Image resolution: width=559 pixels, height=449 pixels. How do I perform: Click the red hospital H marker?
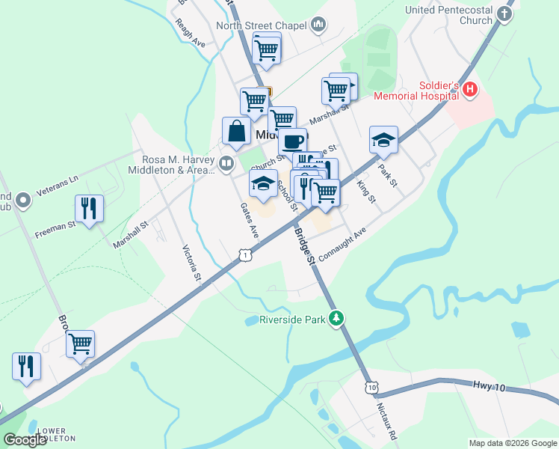click(470, 91)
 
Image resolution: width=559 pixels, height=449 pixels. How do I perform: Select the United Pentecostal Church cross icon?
click(506, 14)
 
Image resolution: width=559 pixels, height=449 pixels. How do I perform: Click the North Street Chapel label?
click(262, 25)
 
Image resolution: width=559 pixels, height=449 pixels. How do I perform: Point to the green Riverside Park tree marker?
click(337, 319)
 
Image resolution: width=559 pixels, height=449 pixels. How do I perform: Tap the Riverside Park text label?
click(292, 320)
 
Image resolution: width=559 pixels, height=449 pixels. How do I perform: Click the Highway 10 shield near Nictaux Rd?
click(371, 387)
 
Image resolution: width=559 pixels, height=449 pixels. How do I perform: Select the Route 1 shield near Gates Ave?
click(245, 256)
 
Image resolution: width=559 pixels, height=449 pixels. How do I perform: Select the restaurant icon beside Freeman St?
click(89, 209)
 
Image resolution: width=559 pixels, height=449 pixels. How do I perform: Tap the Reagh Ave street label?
click(190, 33)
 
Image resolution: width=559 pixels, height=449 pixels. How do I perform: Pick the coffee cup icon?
click(293, 141)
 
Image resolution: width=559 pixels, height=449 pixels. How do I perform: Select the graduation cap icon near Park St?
click(383, 139)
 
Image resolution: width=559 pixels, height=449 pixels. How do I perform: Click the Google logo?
click(24, 439)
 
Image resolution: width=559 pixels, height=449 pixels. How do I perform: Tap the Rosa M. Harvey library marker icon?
click(226, 162)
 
